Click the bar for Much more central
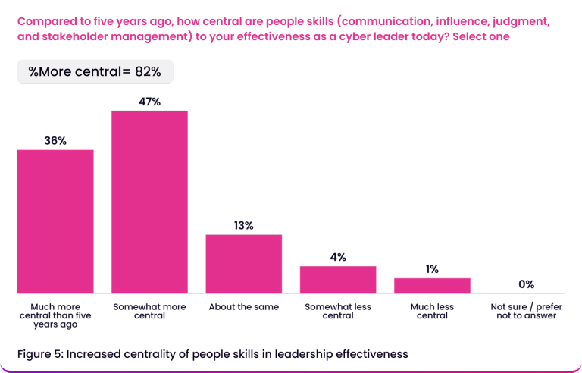55,221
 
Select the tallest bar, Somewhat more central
149,202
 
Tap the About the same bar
244,263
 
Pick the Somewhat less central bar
338,279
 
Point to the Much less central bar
432,285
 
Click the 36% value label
55,140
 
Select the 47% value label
149,102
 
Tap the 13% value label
244,225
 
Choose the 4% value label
338,257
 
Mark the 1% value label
432,269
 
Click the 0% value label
526,284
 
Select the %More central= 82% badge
95,72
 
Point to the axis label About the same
244,307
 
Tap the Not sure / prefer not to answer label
526,311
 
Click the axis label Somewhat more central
149,311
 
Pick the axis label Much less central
432,311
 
